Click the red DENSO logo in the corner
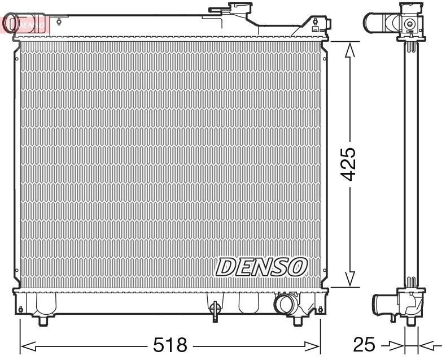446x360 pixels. tap(26, 24)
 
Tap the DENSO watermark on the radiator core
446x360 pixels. tap(261, 266)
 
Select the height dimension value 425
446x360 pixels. tap(349, 164)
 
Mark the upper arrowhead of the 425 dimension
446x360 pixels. tap(350, 51)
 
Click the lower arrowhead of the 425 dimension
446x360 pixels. tap(350, 277)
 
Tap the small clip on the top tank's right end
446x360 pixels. tap(314, 25)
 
